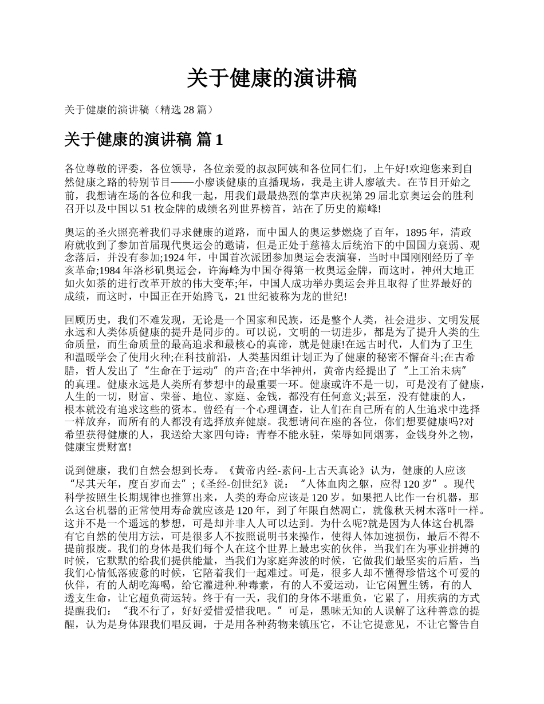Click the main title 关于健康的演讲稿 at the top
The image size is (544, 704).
[272, 78]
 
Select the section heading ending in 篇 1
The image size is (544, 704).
[143, 140]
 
